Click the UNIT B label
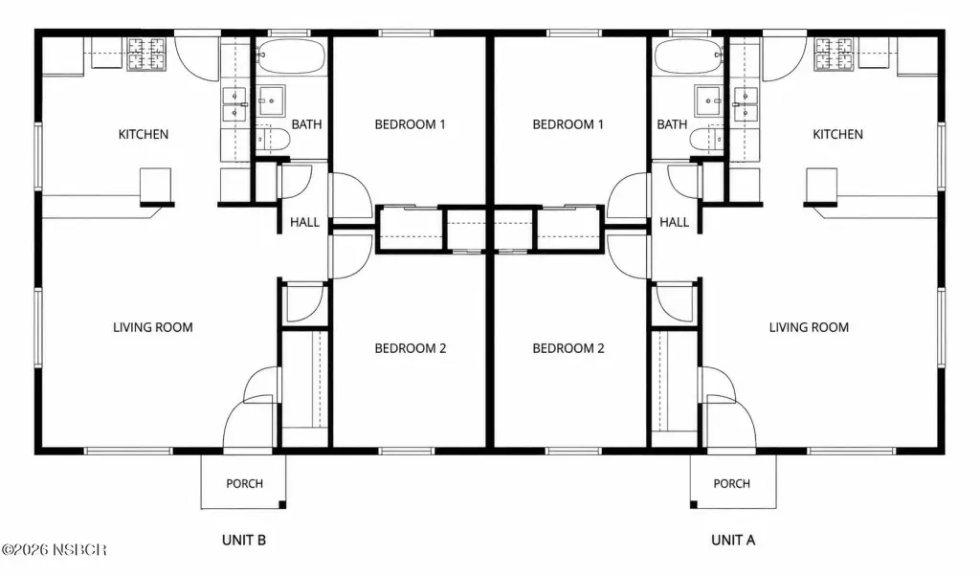pyautogui.click(x=244, y=540)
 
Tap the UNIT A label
pyautogui.click(x=733, y=540)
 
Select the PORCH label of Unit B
pyautogui.click(x=244, y=483)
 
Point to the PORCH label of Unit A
pyautogui.click(x=732, y=483)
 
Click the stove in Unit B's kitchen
pyautogui.click(x=146, y=54)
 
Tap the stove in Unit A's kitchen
pyautogui.click(x=834, y=54)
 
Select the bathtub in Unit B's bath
pyautogui.click(x=291, y=56)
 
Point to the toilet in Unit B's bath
pyautogui.click(x=273, y=139)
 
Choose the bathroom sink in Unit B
pyautogui.click(x=272, y=100)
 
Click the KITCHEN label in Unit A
pyautogui.click(x=837, y=134)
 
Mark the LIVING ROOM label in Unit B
pyautogui.click(x=153, y=327)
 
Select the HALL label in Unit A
pyautogui.click(x=675, y=222)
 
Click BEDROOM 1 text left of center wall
pyautogui.click(x=410, y=124)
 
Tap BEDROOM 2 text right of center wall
pyautogui.click(x=568, y=348)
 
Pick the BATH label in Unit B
pyautogui.click(x=307, y=124)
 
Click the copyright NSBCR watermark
pyautogui.click(x=55, y=549)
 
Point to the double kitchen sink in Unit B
pyautogui.click(x=234, y=103)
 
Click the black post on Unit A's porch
pyautogui.click(x=694, y=504)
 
